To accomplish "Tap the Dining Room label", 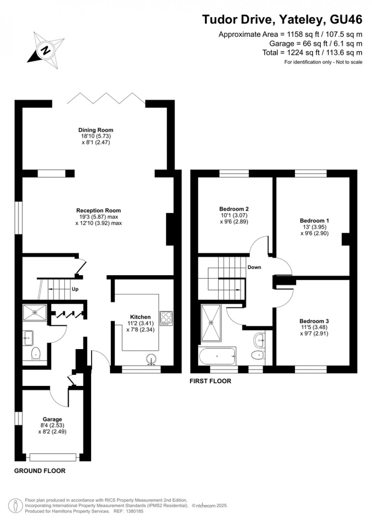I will [96, 130].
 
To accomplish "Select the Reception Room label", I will [98, 210].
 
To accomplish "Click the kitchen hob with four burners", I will [166, 318].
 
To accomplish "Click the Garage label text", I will [52, 419].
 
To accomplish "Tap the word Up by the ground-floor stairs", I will [75, 289].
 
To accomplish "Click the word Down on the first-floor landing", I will [254, 267].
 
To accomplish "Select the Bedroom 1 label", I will [314, 221].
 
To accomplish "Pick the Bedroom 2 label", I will [234, 209].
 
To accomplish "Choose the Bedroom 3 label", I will [314, 321].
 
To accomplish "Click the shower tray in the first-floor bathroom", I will [211, 322].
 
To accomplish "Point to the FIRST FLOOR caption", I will [210, 381].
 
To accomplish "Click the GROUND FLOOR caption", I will [40, 471].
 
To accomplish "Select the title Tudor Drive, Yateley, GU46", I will [282, 19].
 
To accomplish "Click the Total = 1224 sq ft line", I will [312, 53].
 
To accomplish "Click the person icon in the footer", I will [16, 506].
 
